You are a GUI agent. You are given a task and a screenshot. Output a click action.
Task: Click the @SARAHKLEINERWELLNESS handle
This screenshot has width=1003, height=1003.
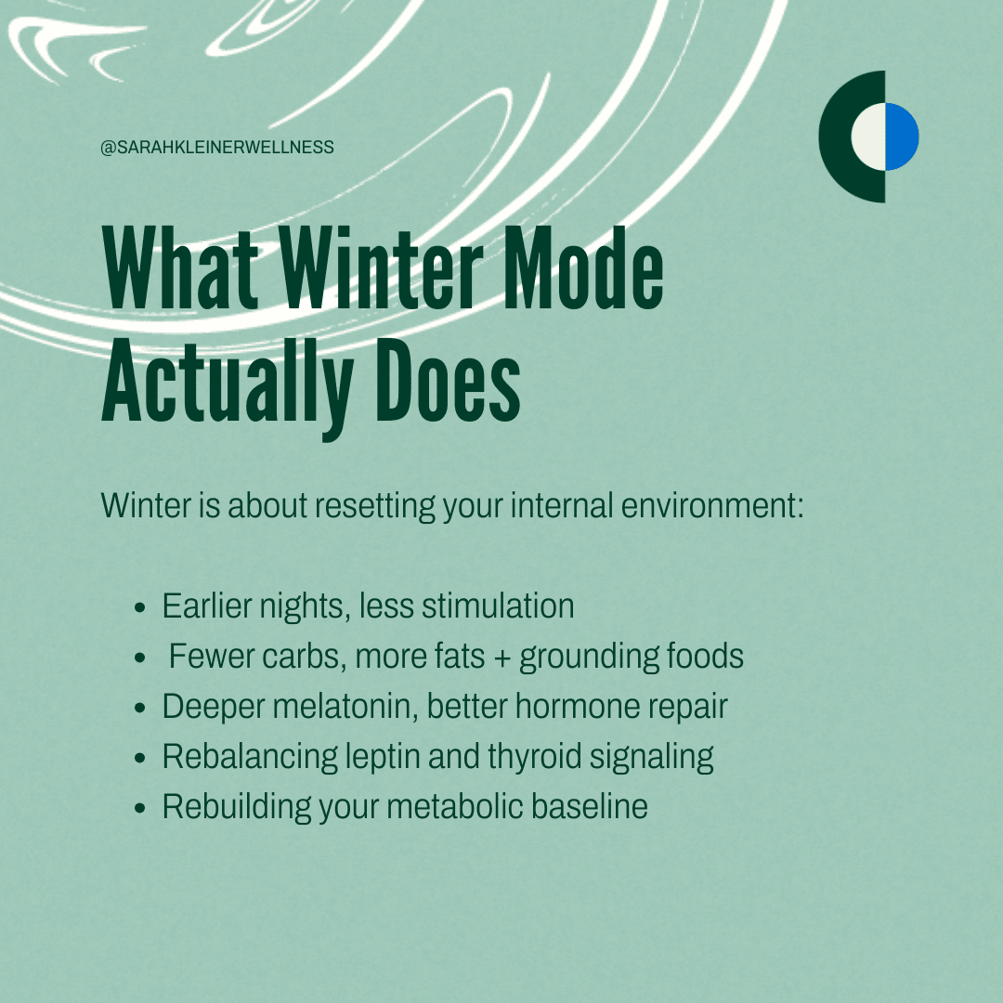(x=216, y=147)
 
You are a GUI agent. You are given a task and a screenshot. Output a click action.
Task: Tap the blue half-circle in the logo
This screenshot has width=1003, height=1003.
(x=902, y=137)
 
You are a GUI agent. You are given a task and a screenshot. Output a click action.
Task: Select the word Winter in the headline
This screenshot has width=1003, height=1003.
(x=381, y=268)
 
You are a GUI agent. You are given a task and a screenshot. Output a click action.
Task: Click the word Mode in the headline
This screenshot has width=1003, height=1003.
(x=582, y=268)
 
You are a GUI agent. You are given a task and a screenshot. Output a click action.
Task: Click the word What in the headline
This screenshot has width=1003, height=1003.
(x=180, y=268)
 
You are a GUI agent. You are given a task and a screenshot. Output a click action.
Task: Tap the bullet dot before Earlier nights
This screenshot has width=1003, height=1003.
(x=140, y=607)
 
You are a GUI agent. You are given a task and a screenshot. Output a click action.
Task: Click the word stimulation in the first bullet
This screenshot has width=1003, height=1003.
(x=498, y=606)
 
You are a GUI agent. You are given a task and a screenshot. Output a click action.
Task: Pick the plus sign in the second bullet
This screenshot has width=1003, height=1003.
(x=502, y=658)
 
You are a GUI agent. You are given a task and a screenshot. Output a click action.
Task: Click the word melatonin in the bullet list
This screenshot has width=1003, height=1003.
(x=345, y=706)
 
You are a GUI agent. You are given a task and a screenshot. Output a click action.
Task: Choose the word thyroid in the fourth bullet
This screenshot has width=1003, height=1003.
(x=534, y=758)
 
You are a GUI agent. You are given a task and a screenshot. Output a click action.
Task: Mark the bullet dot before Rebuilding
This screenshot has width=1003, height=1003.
(x=140, y=809)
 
